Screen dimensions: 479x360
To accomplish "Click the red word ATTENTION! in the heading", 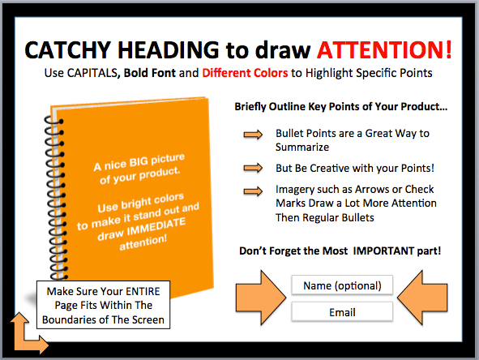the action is pyautogui.click(x=384, y=49).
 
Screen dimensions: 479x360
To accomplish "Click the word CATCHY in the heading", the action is pyautogui.click(x=67, y=49).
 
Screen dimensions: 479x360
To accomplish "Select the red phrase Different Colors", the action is pyautogui.click(x=245, y=73).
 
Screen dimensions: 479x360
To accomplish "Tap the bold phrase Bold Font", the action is pyautogui.click(x=150, y=73).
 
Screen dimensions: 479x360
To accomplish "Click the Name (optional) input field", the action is pyautogui.click(x=342, y=285).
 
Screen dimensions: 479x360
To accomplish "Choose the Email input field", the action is pyautogui.click(x=342, y=312).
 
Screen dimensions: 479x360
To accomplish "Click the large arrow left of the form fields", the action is pyautogui.click(x=261, y=298).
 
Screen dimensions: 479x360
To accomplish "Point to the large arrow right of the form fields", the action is pyautogui.click(x=422, y=298).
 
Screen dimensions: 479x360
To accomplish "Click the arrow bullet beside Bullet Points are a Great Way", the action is pyautogui.click(x=253, y=135).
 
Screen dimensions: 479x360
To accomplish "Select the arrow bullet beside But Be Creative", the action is pyautogui.click(x=253, y=168).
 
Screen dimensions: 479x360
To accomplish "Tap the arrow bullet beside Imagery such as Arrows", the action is pyautogui.click(x=253, y=191).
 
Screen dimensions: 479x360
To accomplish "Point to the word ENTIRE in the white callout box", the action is pyautogui.click(x=143, y=291).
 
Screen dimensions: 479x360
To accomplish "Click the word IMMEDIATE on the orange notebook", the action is pyautogui.click(x=156, y=226).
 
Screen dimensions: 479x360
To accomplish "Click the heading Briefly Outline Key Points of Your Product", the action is pyautogui.click(x=341, y=107).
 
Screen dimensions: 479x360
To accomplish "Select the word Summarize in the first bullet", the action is pyautogui.click(x=302, y=147).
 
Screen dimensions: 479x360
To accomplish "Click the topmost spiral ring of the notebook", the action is pyautogui.click(x=54, y=121).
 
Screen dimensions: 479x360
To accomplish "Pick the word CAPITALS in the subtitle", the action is pyautogui.click(x=92, y=73).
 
